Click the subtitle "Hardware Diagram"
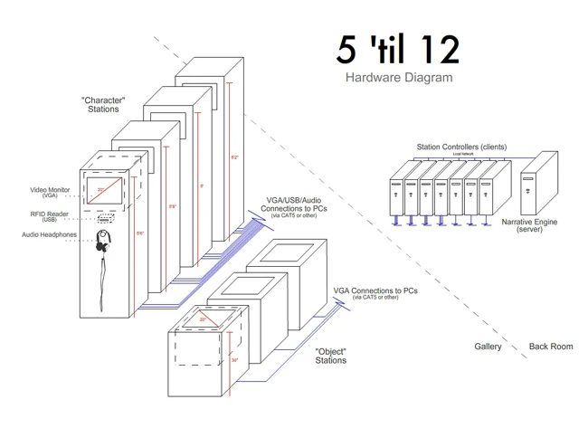tap(398, 78)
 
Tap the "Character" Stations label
tap(102, 103)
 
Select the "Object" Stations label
tap(330, 356)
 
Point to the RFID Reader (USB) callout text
tap(50, 216)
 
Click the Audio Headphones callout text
tap(50, 235)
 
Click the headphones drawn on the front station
tap(105, 241)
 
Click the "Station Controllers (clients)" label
tap(461, 147)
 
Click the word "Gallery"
tap(488, 347)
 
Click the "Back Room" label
tap(550, 347)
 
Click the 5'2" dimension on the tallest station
tap(235, 157)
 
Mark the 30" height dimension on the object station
tap(234, 358)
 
